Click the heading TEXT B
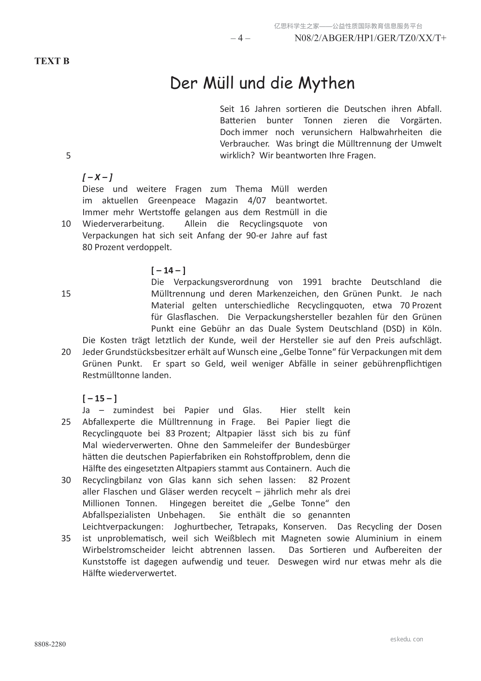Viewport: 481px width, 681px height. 52,61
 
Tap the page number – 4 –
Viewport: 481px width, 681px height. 240,38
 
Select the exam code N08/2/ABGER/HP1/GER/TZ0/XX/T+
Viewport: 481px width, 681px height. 370,38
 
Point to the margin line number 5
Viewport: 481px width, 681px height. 68,156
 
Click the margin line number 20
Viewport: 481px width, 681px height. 66,352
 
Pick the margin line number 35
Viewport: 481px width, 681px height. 66,538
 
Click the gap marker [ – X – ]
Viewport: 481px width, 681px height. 97,177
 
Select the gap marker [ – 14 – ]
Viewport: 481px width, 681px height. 168,270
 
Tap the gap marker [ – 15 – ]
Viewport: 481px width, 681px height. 100,398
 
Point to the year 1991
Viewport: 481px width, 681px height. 312,282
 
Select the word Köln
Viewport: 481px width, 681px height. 431,328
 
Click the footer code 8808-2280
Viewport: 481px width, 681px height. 50,644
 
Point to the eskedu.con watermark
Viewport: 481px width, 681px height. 407,639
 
